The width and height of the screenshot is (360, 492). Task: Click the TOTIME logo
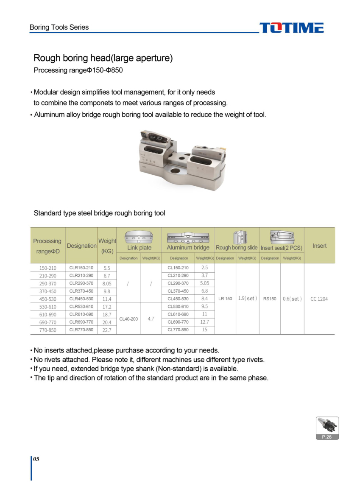tap(291, 28)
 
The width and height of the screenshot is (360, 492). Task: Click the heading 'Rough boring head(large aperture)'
tap(103, 58)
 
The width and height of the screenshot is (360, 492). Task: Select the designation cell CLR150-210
tap(81, 268)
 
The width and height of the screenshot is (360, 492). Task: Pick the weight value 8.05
tap(107, 283)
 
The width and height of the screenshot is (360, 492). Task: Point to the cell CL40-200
tap(128, 318)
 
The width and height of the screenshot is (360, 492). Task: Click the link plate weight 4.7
tap(151, 318)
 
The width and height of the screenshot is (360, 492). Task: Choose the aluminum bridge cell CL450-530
tap(178, 299)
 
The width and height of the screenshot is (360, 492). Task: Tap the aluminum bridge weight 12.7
tap(204, 322)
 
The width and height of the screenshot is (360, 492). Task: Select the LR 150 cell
tap(225, 299)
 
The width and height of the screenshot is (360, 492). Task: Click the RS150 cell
tap(270, 299)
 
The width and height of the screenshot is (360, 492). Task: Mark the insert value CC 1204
tap(319, 299)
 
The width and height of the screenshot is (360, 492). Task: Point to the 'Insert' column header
tap(319, 246)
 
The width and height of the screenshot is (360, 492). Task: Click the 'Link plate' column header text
tap(139, 248)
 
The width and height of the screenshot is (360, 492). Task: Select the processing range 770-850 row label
tap(47, 330)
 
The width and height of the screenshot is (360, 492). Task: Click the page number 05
tap(36, 459)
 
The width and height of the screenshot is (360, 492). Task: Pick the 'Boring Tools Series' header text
tap(59, 27)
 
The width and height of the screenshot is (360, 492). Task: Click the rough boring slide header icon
tap(237, 237)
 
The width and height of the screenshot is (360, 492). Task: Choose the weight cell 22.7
tap(107, 330)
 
